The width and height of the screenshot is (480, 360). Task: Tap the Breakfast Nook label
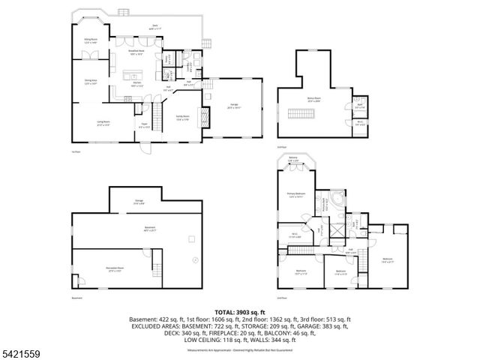tap(136, 53)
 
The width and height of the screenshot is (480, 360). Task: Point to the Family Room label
tap(182, 117)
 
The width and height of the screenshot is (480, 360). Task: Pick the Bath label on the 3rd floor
tap(359, 106)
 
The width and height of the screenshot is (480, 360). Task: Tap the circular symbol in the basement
tap(194, 260)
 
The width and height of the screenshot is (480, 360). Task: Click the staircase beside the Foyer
tap(157, 116)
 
